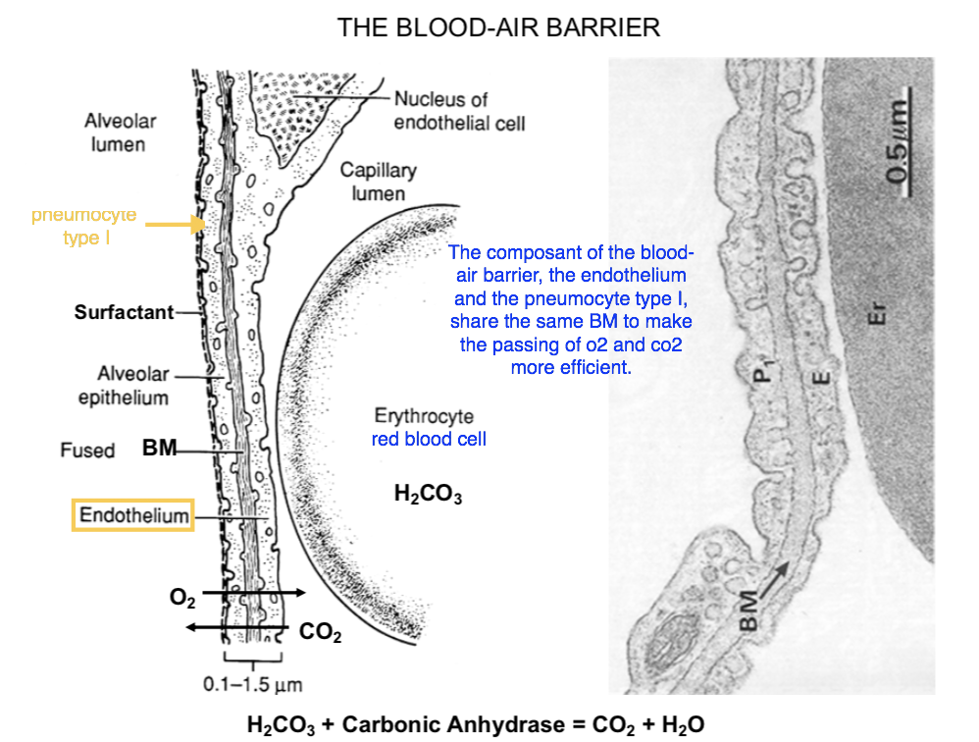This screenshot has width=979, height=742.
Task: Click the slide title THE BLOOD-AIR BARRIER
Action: click(498, 27)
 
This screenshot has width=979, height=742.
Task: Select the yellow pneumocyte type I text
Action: click(84, 226)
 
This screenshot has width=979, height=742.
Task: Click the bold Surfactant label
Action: click(124, 313)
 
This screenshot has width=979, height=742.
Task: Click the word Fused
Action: click(87, 450)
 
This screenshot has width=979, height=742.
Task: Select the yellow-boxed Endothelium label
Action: click(133, 515)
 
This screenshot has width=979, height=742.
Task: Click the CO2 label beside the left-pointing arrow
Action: click(320, 634)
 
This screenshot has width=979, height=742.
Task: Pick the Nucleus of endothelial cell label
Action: click(459, 111)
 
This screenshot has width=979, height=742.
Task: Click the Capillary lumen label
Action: click(379, 182)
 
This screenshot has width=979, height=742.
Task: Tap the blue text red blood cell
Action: click(429, 439)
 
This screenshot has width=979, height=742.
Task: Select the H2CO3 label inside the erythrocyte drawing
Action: click(428, 495)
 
